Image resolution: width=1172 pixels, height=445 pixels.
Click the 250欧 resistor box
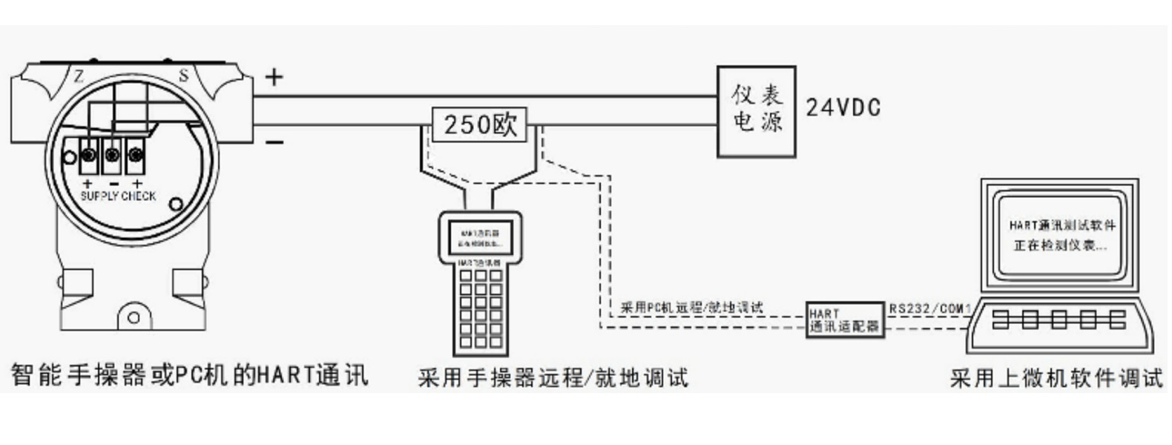click(x=479, y=125)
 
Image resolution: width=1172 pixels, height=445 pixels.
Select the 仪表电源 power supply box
click(x=756, y=111)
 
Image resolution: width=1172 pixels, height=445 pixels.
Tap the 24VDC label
click(x=843, y=108)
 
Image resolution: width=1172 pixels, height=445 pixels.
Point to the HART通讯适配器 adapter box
click(x=845, y=320)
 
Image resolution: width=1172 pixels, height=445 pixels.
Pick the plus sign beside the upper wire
click(x=274, y=76)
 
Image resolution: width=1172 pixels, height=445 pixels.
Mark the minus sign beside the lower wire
click(x=274, y=142)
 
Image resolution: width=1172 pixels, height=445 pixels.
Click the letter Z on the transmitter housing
click(x=79, y=75)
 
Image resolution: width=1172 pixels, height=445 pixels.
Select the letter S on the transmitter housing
click(x=183, y=75)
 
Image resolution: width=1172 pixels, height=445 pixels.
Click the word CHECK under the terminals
click(x=139, y=196)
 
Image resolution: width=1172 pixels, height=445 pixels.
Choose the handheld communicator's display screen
click(x=480, y=238)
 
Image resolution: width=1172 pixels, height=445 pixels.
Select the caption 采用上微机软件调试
click(x=1056, y=378)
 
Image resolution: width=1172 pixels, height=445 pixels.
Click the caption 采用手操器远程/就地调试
click(x=553, y=378)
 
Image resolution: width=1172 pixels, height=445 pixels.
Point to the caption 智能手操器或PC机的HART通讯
click(x=190, y=375)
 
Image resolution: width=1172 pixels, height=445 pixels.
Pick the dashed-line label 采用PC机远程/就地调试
click(x=691, y=307)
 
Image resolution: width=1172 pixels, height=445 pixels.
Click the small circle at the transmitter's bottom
click(x=134, y=317)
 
